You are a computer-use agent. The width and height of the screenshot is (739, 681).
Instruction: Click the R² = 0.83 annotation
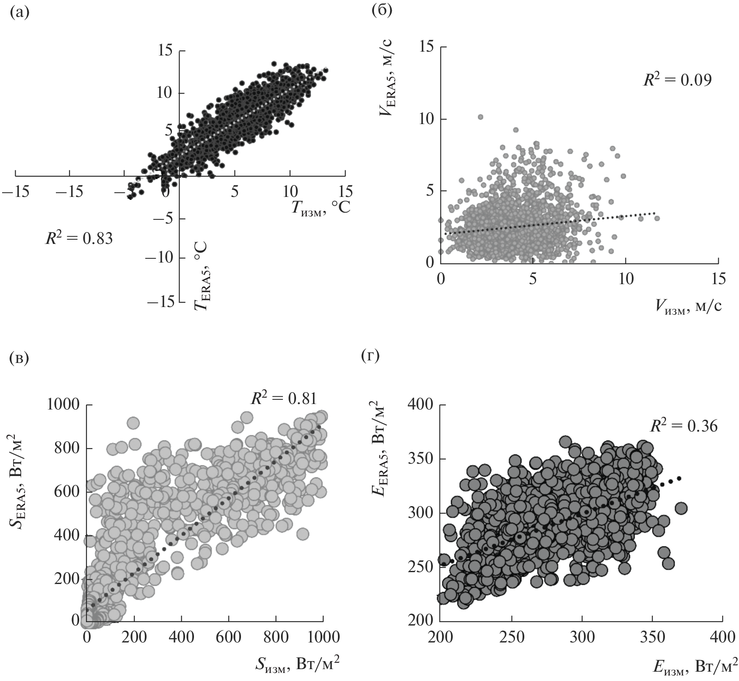79,238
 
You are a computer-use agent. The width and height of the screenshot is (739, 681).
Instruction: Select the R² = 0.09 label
677,80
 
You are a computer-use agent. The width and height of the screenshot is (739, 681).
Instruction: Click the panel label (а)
19,13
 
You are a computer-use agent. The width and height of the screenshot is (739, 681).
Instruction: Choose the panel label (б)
382,9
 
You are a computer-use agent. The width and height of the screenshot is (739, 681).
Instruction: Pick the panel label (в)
19,357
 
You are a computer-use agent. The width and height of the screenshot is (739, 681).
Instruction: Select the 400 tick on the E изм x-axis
722,637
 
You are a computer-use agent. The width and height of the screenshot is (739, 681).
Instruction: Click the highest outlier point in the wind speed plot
480,117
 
